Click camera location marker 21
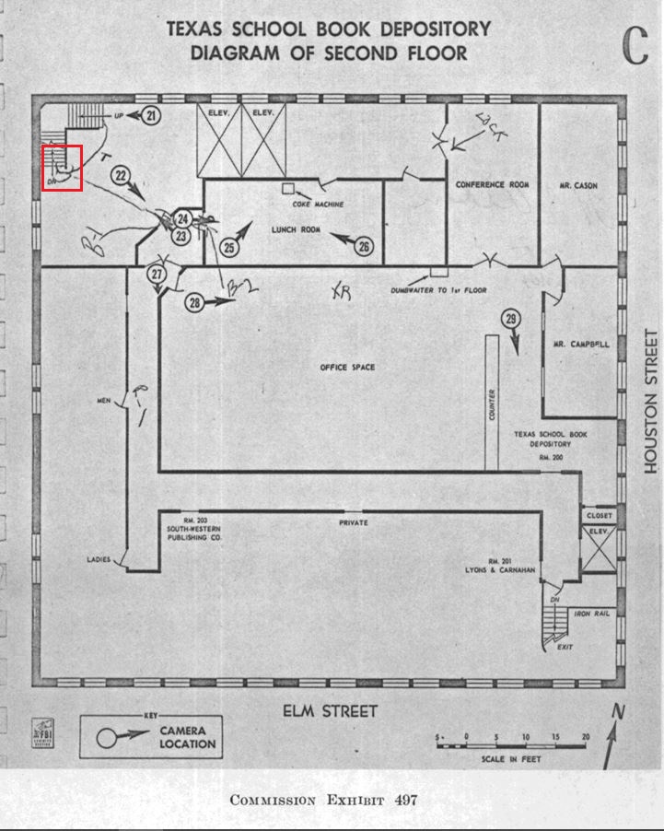point(152,115)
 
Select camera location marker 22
point(121,175)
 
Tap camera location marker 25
point(229,247)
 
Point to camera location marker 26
point(365,246)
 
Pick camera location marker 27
point(157,274)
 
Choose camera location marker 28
point(194,302)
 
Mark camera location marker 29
point(512,320)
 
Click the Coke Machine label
point(318,205)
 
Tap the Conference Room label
point(493,185)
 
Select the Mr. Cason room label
point(578,186)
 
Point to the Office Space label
point(347,368)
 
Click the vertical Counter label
point(493,405)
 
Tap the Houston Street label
point(651,402)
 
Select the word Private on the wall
point(354,522)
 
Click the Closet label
point(600,516)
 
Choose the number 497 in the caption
point(406,800)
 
